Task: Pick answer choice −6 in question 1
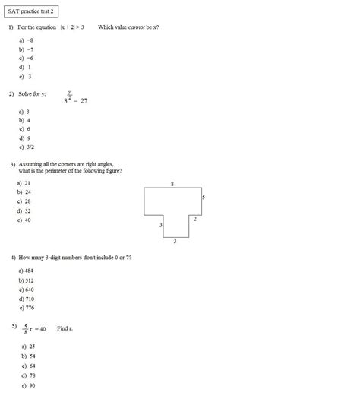click(30, 59)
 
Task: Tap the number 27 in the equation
click(83, 100)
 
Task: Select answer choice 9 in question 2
click(28, 138)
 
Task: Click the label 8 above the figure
click(172, 184)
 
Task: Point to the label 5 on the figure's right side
click(203, 198)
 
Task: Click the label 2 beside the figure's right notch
click(194, 219)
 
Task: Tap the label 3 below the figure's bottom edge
click(175, 242)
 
